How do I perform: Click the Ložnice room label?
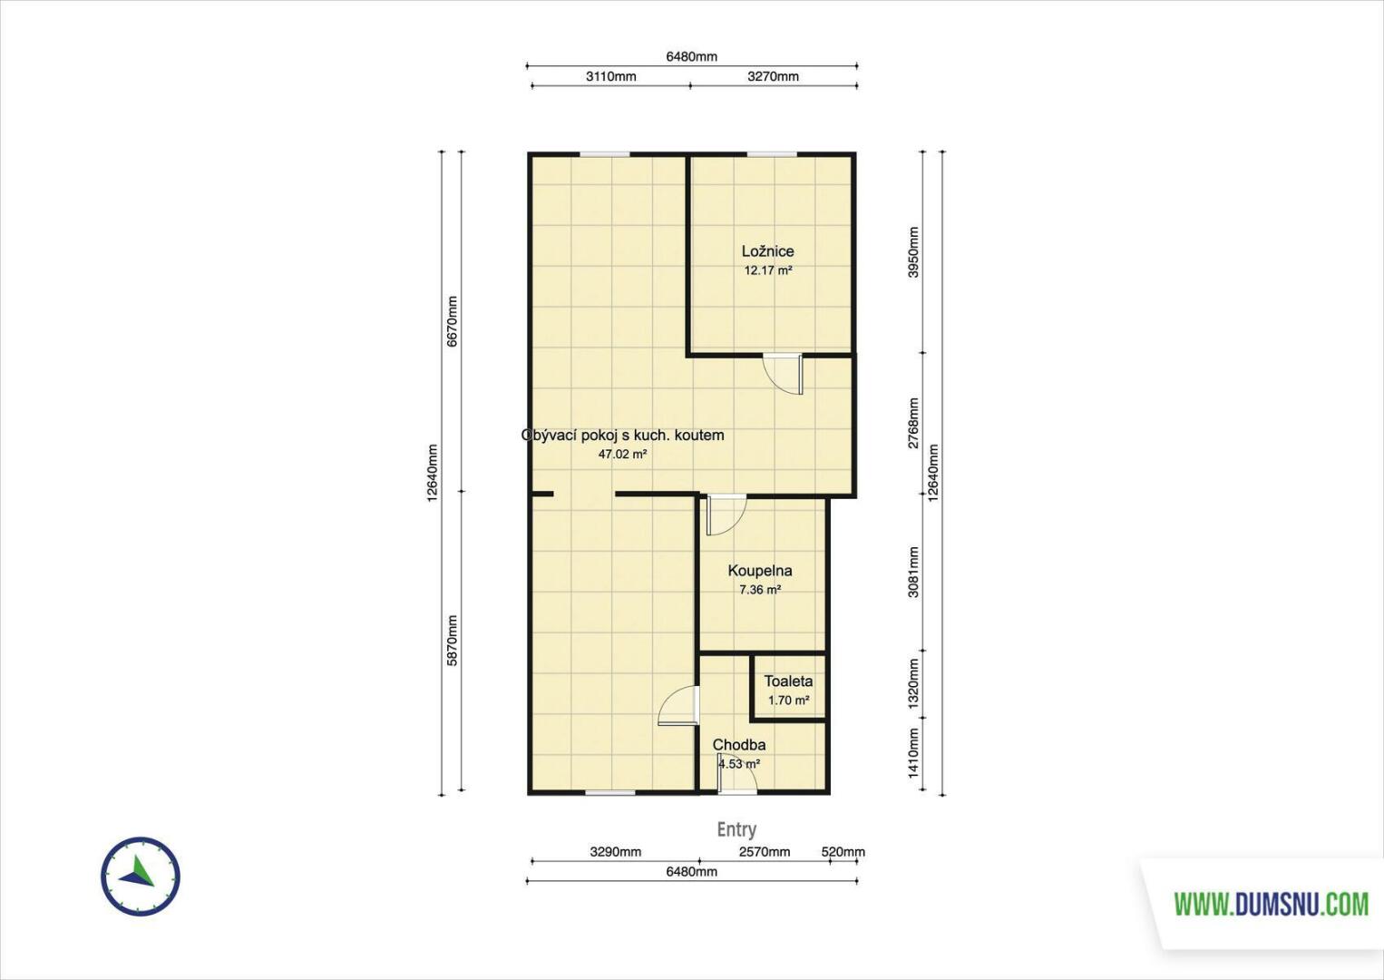click(767, 251)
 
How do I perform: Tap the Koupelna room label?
click(760, 571)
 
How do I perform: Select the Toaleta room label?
click(788, 681)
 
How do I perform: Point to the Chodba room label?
click(739, 744)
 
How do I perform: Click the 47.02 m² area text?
click(622, 455)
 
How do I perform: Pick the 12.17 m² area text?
click(768, 270)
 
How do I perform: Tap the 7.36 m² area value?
click(760, 590)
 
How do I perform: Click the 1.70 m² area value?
click(788, 701)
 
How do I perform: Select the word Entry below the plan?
click(736, 829)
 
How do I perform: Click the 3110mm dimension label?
click(610, 76)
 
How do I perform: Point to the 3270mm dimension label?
click(773, 76)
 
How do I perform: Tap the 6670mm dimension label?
click(453, 321)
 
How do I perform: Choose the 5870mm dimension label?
click(453, 641)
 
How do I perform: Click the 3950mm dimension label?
click(914, 252)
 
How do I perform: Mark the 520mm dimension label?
click(843, 852)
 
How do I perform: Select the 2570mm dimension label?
click(765, 852)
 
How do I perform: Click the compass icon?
click(141, 877)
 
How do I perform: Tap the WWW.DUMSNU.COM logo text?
click(1272, 905)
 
